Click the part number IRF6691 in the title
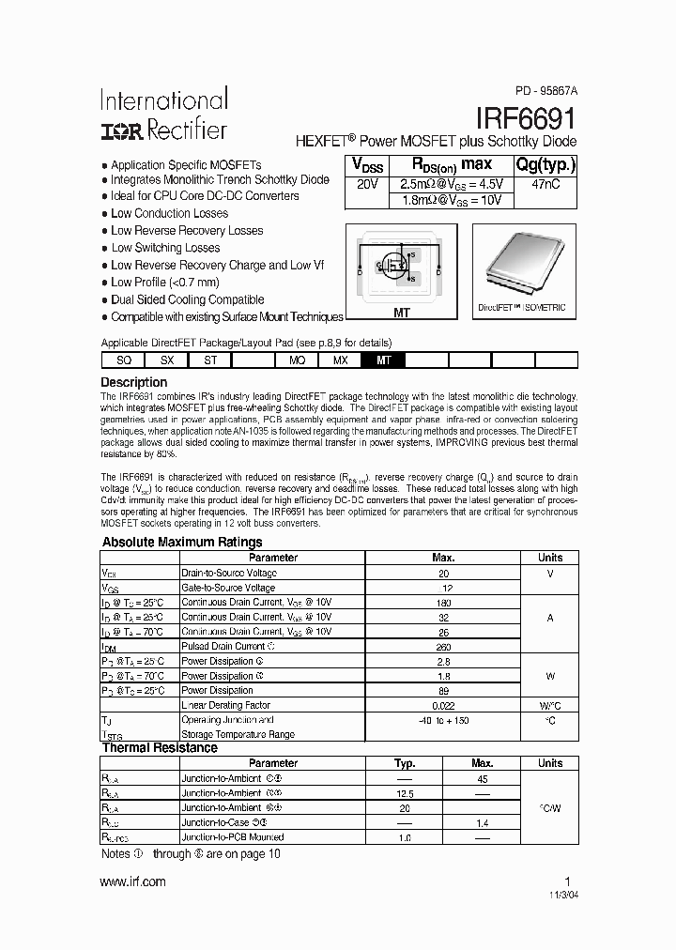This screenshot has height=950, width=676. tap(526, 117)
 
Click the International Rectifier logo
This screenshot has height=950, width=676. tap(163, 115)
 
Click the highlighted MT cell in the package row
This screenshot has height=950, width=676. tap(383, 360)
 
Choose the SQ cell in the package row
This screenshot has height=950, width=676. tap(123, 360)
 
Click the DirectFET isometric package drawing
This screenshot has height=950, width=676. tap(521, 261)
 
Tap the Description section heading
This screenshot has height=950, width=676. tap(134, 382)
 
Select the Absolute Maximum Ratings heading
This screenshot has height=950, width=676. tap(182, 543)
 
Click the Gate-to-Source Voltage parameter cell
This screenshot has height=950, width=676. tap(228, 588)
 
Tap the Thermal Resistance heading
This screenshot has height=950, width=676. tap(160, 748)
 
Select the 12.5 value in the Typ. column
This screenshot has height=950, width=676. tap(405, 793)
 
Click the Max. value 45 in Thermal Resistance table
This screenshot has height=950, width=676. tap(482, 778)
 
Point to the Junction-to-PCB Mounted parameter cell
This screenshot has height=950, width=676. tap(233, 836)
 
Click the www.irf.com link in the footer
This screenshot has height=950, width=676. tap(132, 881)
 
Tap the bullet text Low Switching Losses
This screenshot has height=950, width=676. tap(165, 248)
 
